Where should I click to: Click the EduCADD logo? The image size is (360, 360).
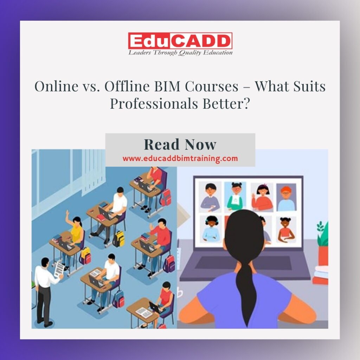pyautogui.click(x=180, y=41)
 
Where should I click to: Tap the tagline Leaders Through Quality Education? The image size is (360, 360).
pyautogui.click(x=180, y=53)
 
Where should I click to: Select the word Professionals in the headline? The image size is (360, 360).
pyautogui.click(x=154, y=104)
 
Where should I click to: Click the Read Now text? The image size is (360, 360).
pyautogui.click(x=180, y=144)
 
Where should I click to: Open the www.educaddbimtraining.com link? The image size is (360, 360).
pyautogui.click(x=180, y=159)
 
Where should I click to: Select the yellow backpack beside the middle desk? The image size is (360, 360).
pyautogui.click(x=119, y=239)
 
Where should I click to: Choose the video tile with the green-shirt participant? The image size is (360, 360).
pyautogui.click(x=235, y=197)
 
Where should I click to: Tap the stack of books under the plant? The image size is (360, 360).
pyautogui.click(x=321, y=275)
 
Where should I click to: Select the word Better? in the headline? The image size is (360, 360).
pyautogui.click(x=226, y=104)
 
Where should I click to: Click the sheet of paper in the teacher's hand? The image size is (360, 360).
pyautogui.click(x=59, y=270)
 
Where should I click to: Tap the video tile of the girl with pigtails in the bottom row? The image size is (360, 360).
pyautogui.click(x=286, y=230)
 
